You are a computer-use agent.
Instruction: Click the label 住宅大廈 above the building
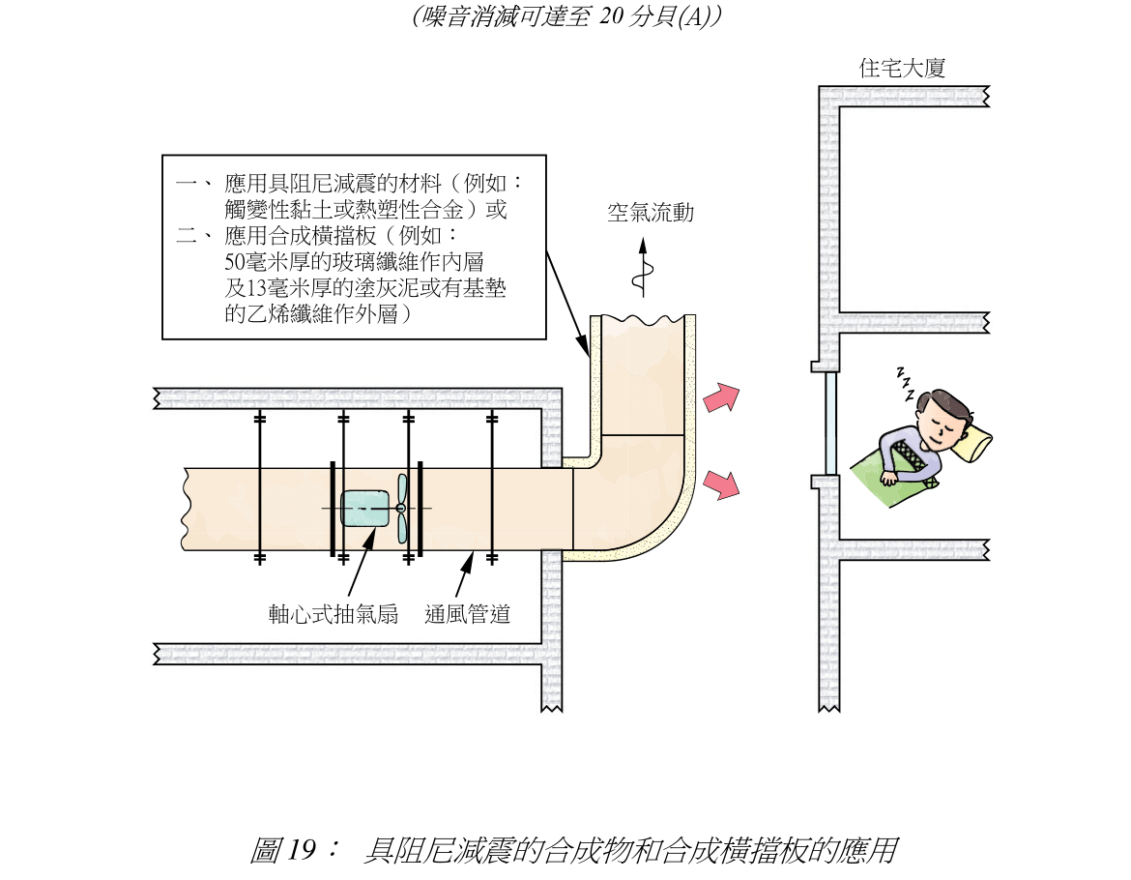click(x=901, y=69)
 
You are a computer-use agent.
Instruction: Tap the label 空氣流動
click(x=650, y=213)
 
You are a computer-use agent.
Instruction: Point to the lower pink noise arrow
click(x=721, y=484)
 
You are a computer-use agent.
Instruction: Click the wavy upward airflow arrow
click(x=638, y=267)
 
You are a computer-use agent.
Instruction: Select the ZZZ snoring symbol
click(x=906, y=383)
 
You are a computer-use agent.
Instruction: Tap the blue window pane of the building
click(x=829, y=422)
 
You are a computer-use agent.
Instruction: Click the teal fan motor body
click(x=364, y=508)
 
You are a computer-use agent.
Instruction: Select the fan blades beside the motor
click(x=402, y=508)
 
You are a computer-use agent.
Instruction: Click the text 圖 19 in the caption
click(x=282, y=851)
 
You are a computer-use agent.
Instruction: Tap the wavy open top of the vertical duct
click(x=643, y=318)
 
